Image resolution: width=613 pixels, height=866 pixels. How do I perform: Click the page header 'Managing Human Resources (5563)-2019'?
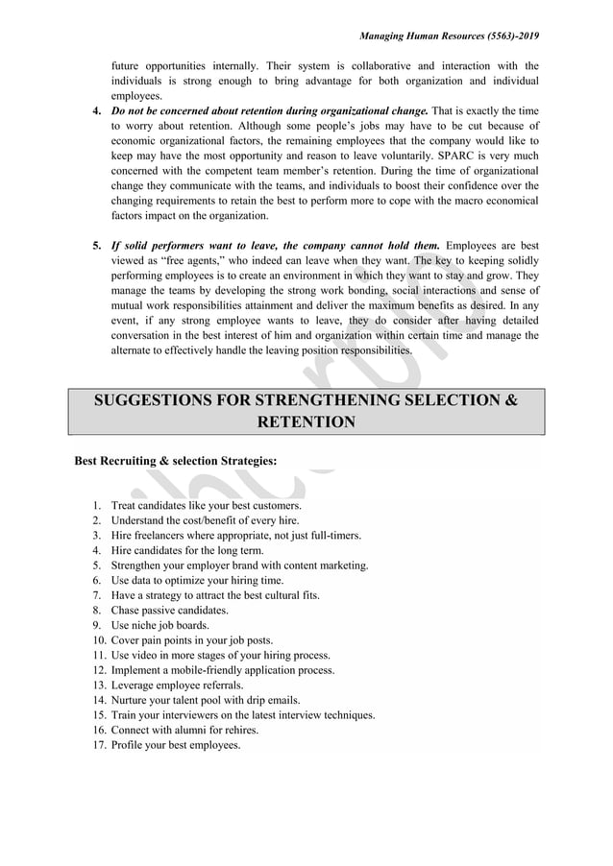pos(449,36)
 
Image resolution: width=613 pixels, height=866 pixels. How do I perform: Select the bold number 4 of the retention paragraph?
pos(96,111)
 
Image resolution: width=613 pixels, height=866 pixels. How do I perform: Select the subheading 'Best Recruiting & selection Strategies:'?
pos(176,461)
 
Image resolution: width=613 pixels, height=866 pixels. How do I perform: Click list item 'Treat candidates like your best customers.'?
pos(207,505)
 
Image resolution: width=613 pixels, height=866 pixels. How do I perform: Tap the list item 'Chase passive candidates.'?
pos(170,610)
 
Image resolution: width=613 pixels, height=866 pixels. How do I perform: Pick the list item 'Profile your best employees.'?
pos(176,745)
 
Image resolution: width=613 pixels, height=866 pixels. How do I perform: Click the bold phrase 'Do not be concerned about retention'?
pos(202,111)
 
